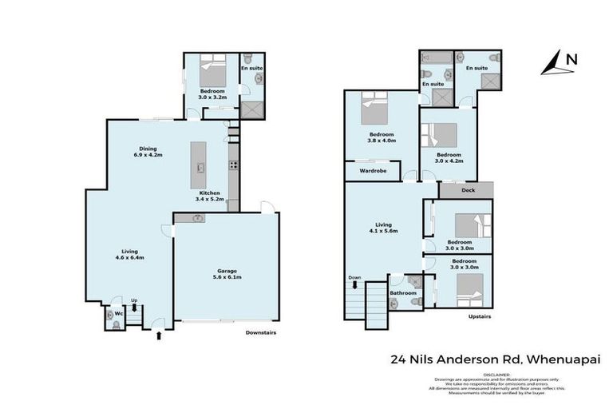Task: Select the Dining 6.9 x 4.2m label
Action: pyautogui.click(x=148, y=152)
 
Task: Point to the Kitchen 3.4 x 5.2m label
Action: pyautogui.click(x=209, y=197)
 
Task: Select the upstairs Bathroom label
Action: pyautogui.click(x=403, y=292)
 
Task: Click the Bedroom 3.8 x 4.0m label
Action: pyautogui.click(x=382, y=137)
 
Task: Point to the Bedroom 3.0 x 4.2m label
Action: pyautogui.click(x=448, y=157)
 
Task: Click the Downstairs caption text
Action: pyautogui.click(x=260, y=332)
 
